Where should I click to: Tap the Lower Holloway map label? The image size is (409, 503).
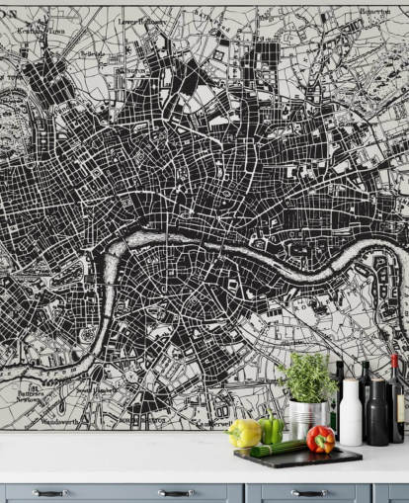pyautogui.click(x=142, y=20)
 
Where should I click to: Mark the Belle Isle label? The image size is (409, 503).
pyautogui.click(x=92, y=53)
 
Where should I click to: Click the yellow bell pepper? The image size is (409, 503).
pyautogui.click(x=244, y=433)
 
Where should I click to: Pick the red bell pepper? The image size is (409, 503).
pyautogui.click(x=320, y=439)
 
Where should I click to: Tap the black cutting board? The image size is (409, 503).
pyautogui.click(x=297, y=457)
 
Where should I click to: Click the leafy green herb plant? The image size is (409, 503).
pyautogui.click(x=306, y=377)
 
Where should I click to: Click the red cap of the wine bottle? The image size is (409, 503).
pyautogui.click(x=393, y=360)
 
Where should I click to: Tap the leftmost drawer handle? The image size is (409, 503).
pyautogui.click(x=49, y=492)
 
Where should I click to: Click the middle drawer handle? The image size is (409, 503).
pyautogui.click(x=176, y=492)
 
